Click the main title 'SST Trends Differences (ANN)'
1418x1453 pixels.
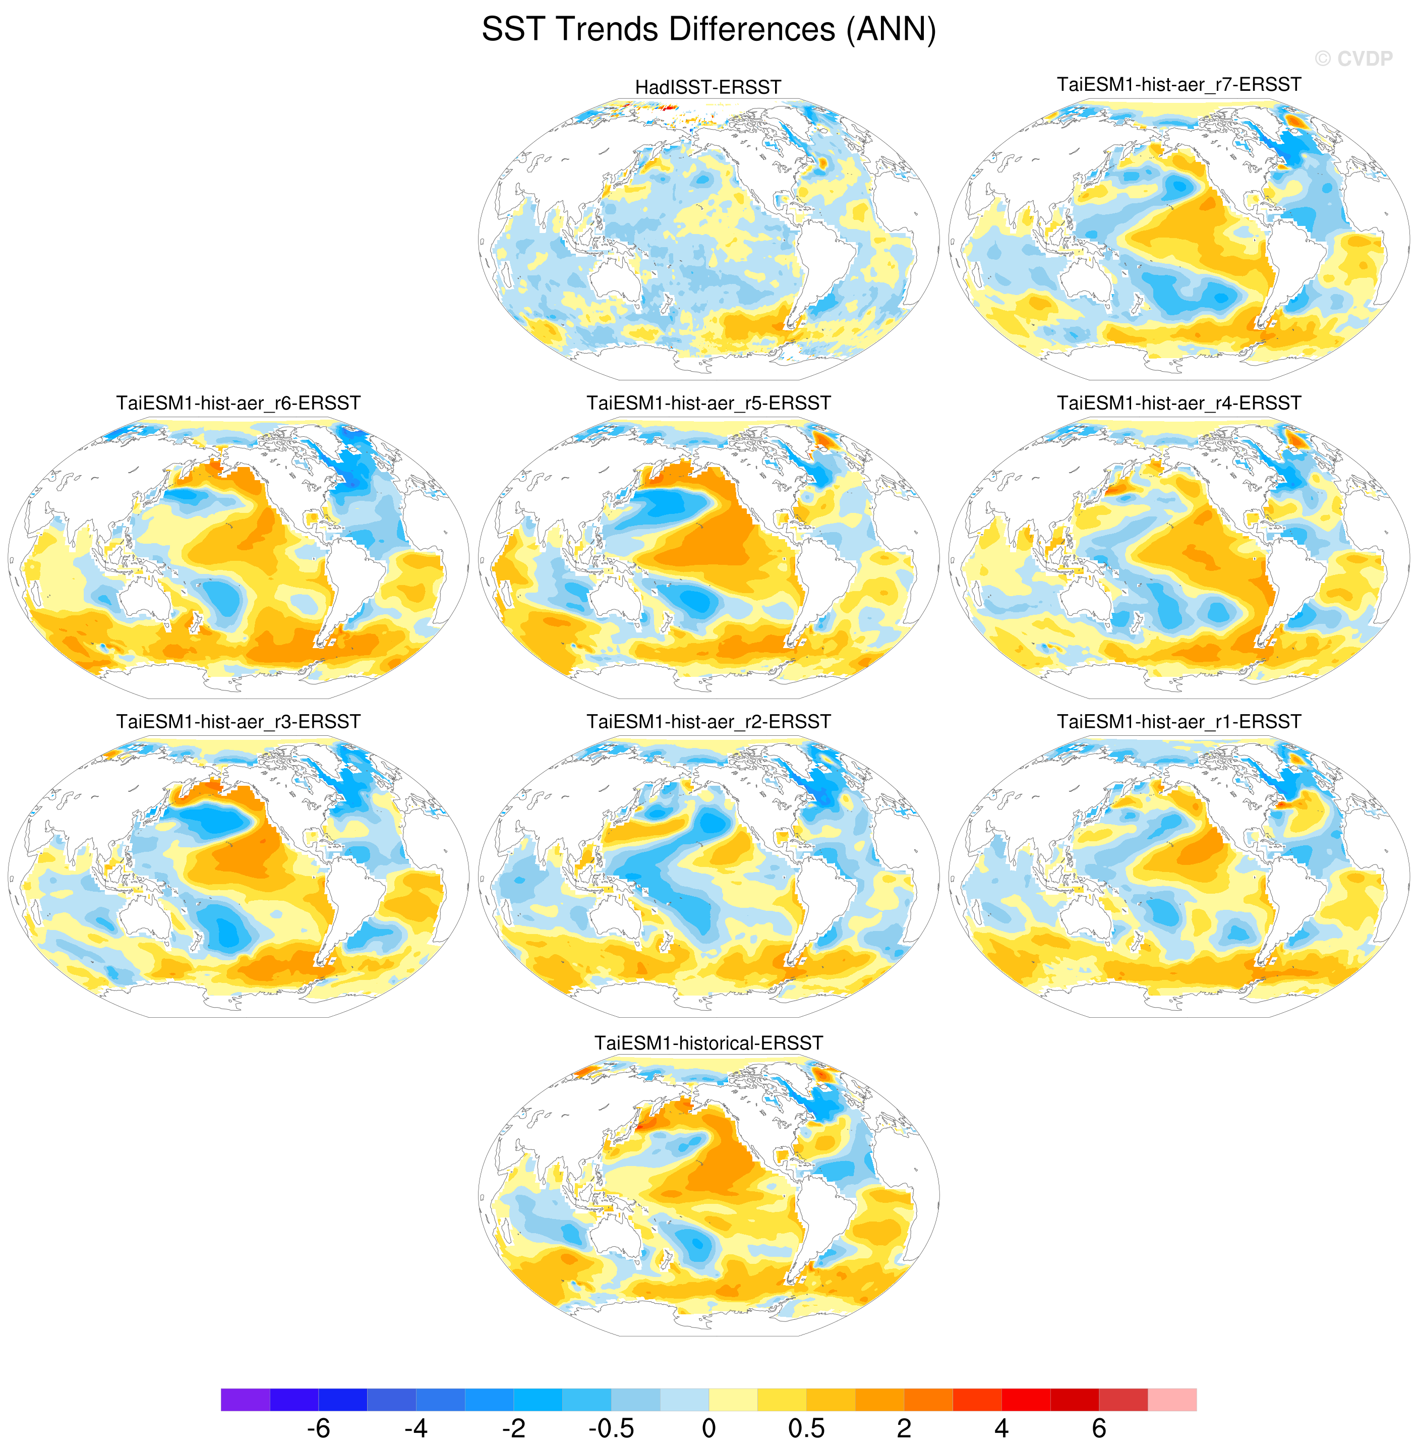[708, 30]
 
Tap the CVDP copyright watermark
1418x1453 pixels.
[1353, 59]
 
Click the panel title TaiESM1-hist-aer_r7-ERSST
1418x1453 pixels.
[1179, 84]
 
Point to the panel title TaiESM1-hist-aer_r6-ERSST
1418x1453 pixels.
[239, 403]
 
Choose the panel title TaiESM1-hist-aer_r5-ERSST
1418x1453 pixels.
[708, 403]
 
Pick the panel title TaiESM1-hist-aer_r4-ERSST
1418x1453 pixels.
[1179, 403]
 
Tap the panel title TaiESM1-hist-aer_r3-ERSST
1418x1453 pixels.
[239, 722]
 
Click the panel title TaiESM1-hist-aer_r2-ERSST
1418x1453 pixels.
[708, 722]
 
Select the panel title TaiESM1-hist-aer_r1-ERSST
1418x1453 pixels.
[1179, 722]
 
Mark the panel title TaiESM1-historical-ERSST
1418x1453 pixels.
[708, 1042]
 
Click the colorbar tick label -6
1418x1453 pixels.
[318, 1428]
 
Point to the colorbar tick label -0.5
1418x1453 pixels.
[611, 1428]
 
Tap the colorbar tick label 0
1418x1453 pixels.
[708, 1428]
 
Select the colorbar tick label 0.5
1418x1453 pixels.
[806, 1428]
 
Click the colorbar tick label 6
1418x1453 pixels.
[1098, 1428]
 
